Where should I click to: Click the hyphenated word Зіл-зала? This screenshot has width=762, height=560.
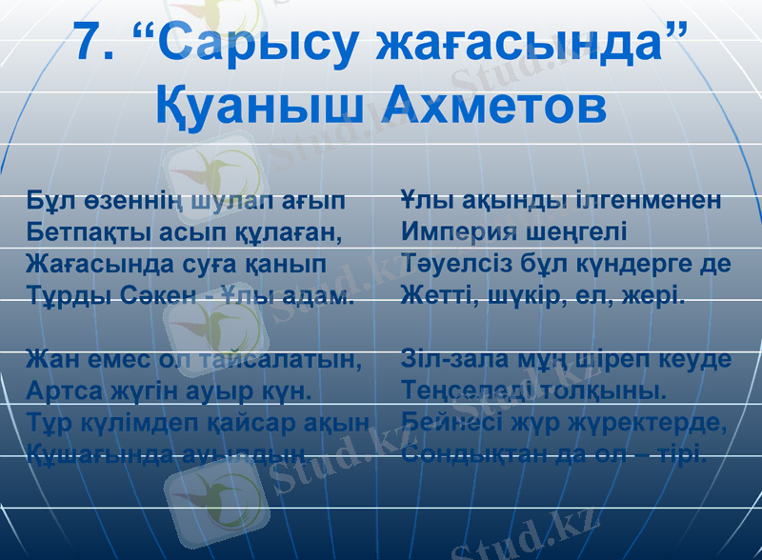point(448,361)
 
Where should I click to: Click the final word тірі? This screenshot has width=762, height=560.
point(685,453)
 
